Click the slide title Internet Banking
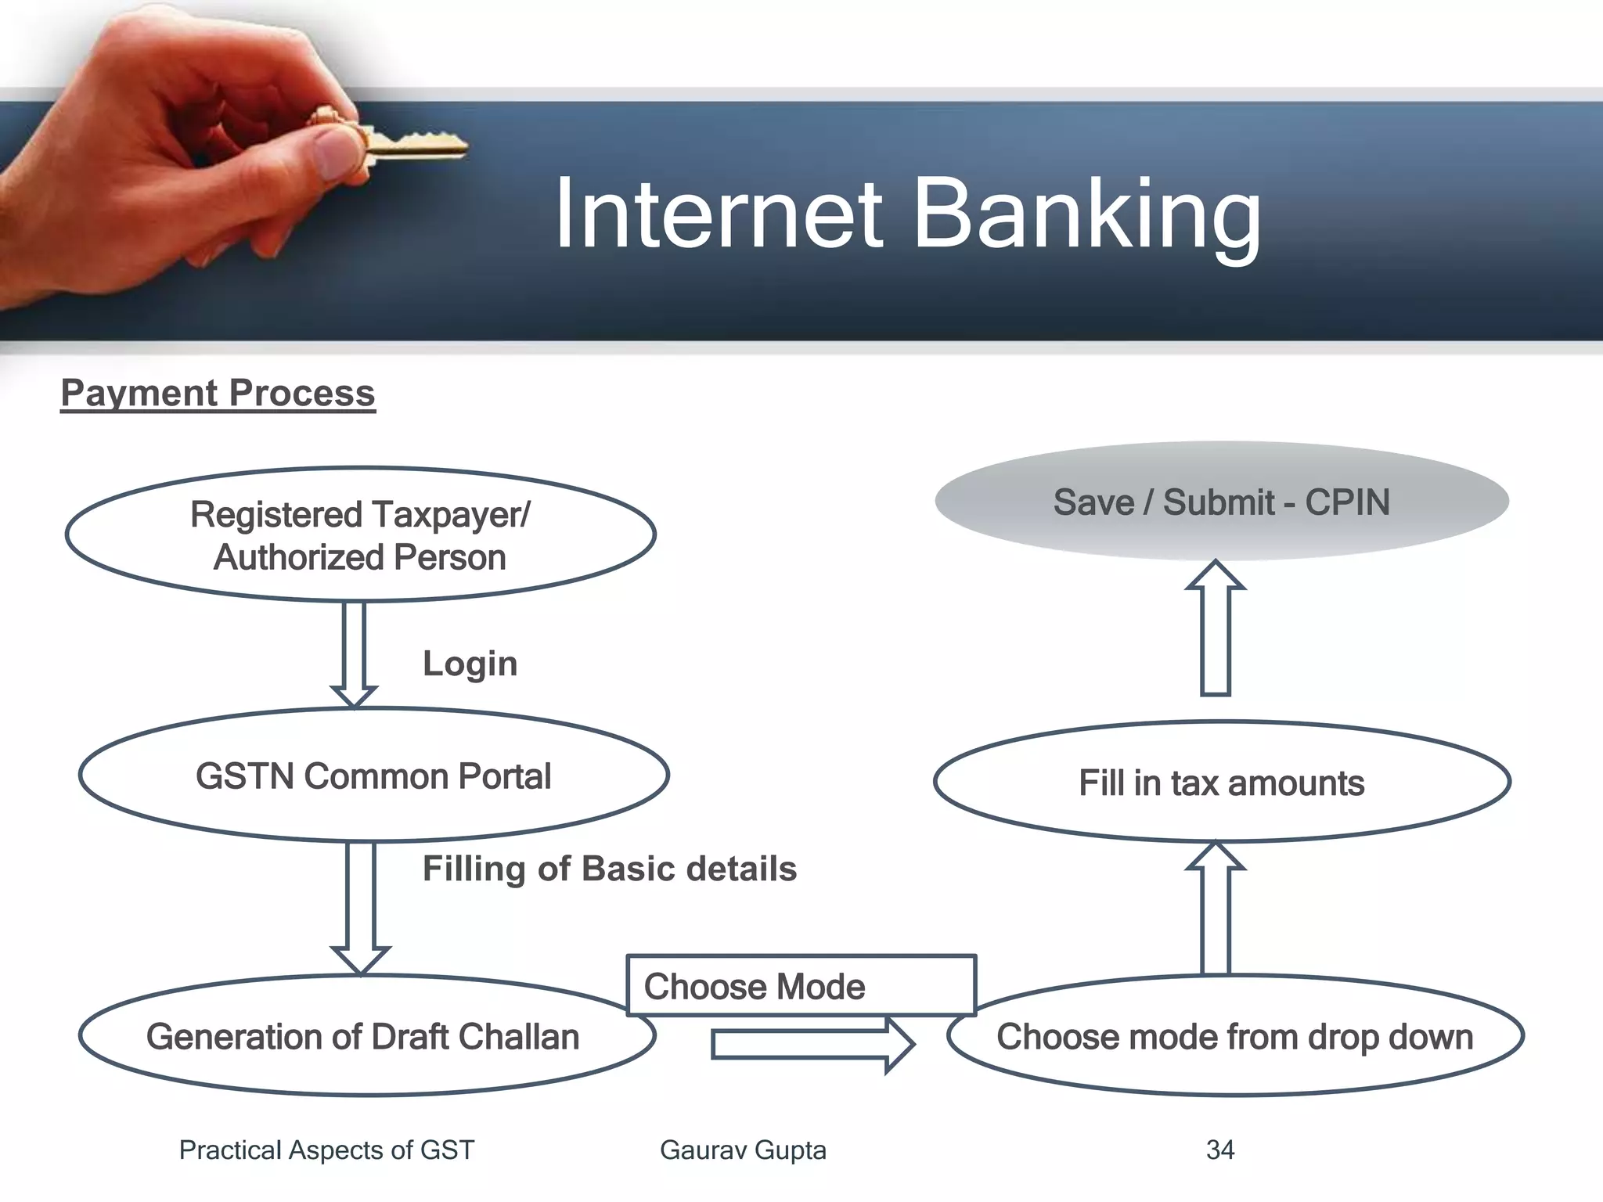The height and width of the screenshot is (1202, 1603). pos(908,213)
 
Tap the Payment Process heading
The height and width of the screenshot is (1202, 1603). pos(218,393)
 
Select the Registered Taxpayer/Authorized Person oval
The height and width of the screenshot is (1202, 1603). pos(360,535)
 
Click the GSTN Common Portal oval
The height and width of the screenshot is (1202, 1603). pos(373,776)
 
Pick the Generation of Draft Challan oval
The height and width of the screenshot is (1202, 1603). pos(362,1036)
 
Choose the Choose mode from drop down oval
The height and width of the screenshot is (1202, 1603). pos(1234,1036)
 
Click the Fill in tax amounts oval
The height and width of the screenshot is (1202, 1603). pos(1221,783)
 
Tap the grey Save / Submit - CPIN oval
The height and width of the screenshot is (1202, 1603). pos(1221,502)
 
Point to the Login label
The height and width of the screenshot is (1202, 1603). pos(470,664)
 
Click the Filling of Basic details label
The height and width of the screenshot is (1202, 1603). pos(609,869)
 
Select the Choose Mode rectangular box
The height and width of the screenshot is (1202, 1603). pos(800,986)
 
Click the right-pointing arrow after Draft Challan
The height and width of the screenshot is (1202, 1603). pos(811,1045)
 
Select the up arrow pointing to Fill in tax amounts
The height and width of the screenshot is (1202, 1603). pos(1216,908)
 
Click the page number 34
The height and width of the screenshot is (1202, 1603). pos(1220,1150)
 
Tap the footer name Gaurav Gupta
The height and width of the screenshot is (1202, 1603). pos(743,1150)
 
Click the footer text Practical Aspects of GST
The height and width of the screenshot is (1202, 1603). pos(326,1150)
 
